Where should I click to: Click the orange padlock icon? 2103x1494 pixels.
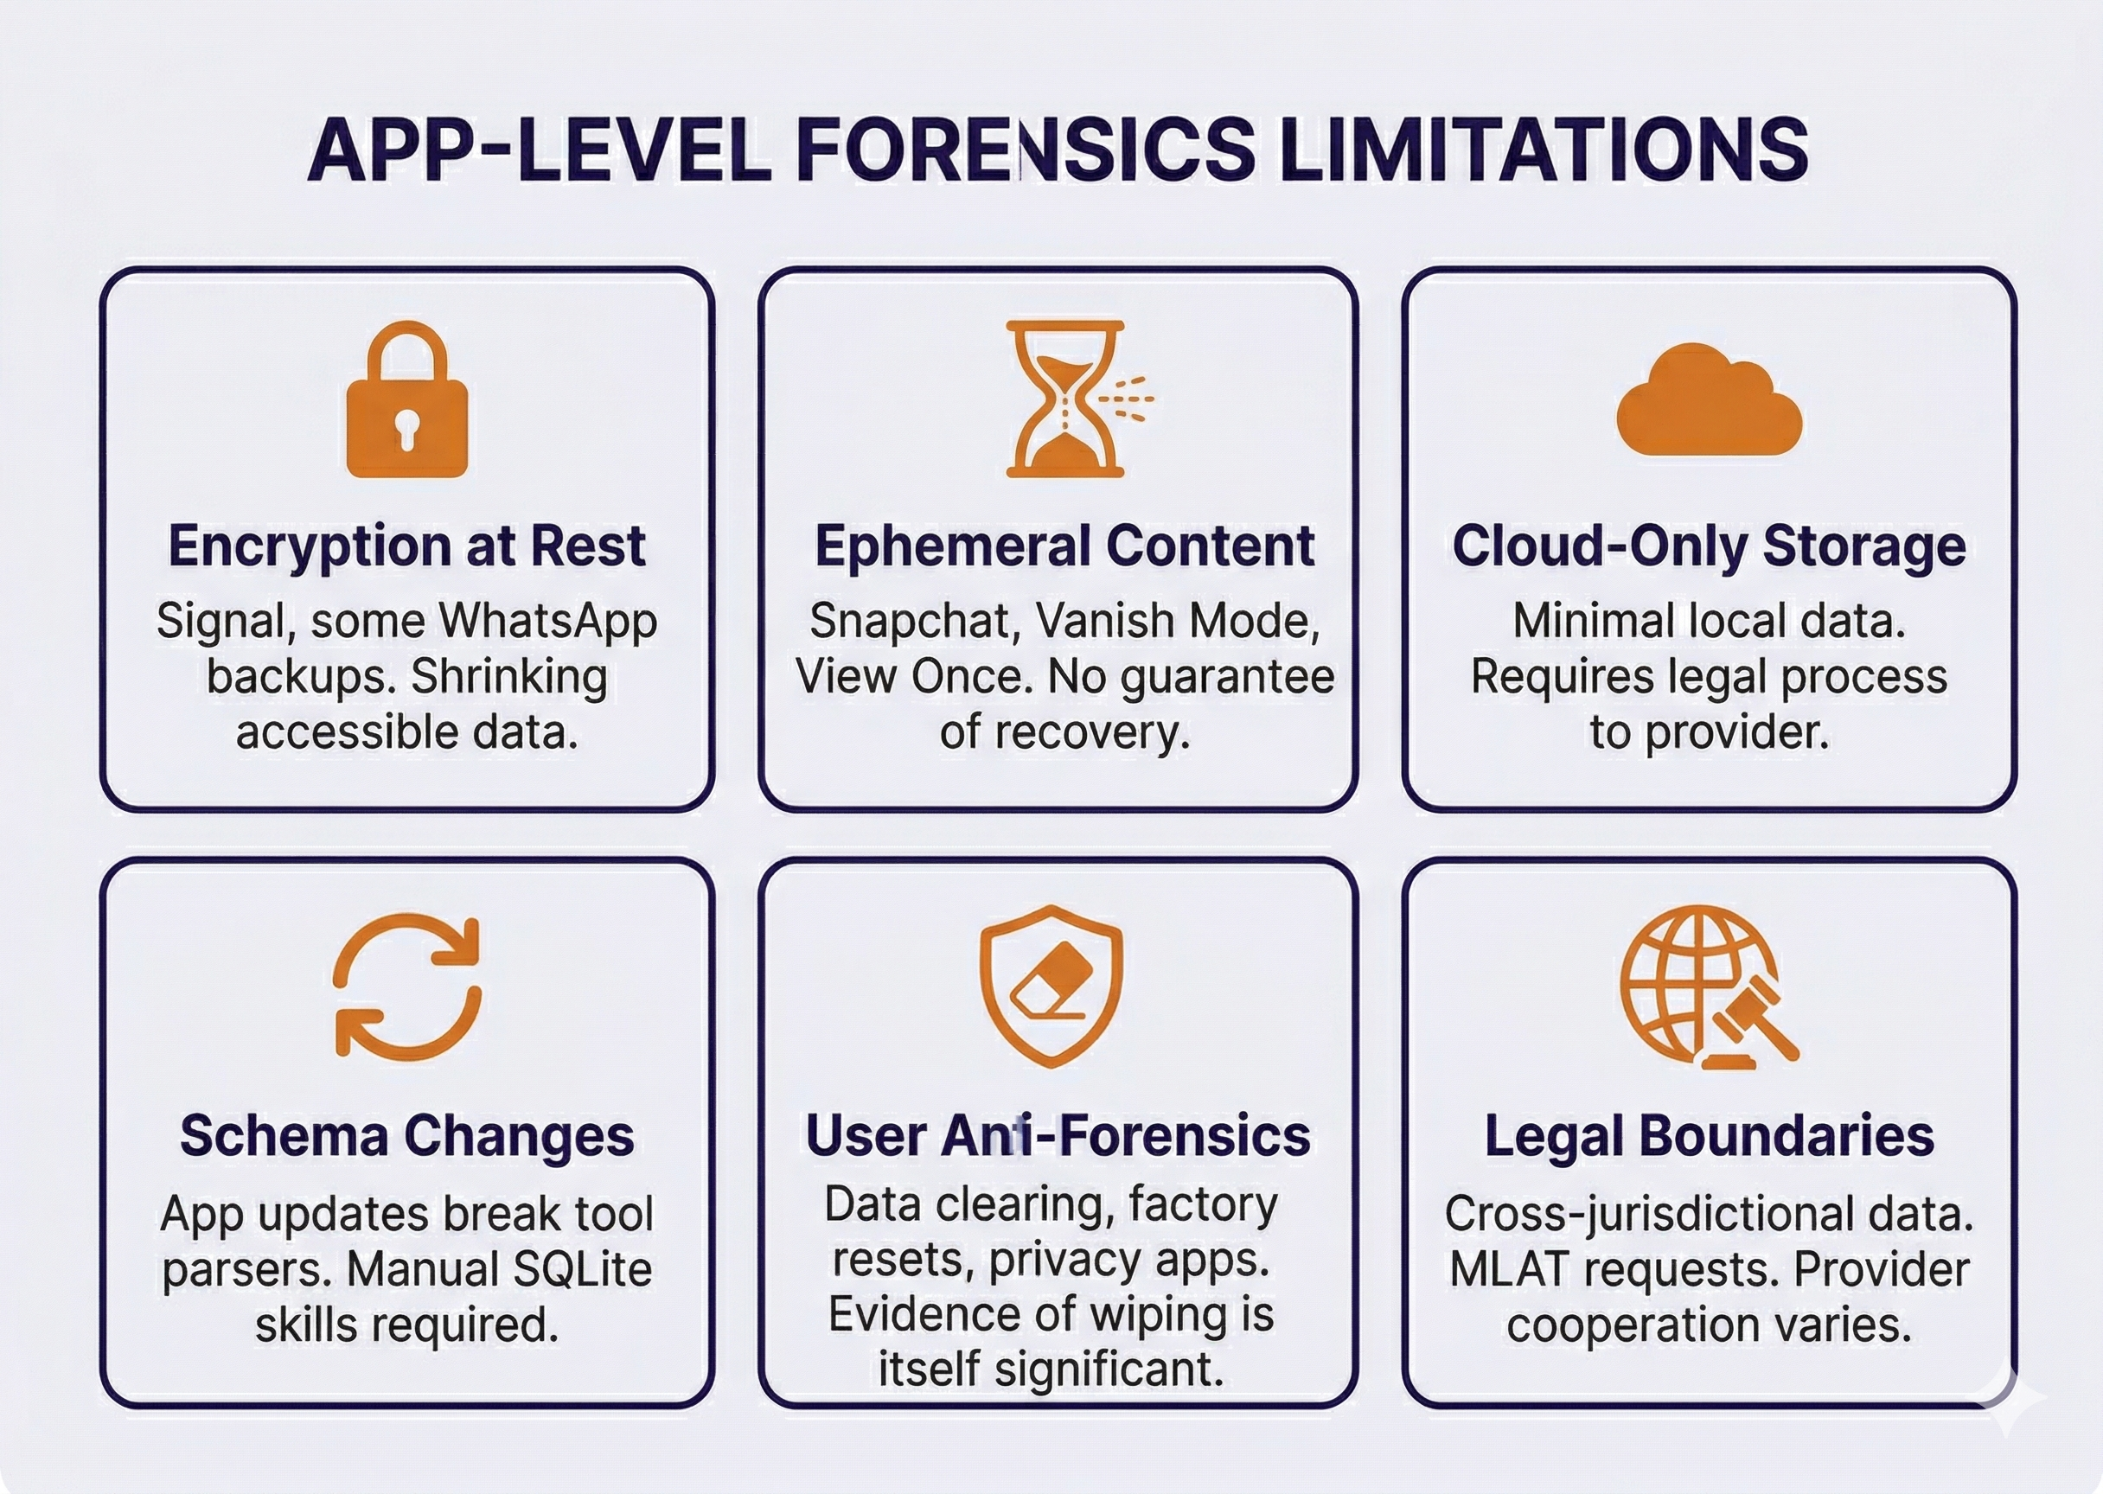pyautogui.click(x=406, y=400)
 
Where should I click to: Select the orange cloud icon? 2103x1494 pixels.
pyautogui.click(x=1710, y=400)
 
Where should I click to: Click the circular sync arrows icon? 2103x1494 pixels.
pyautogui.click(x=406, y=986)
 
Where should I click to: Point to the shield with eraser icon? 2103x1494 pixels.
pyautogui.click(x=1051, y=986)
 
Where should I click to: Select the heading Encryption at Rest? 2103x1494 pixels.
pyautogui.click(x=406, y=546)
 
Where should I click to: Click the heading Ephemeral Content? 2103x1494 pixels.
pyautogui.click(x=1064, y=546)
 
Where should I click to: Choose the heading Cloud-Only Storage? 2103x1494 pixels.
pyautogui.click(x=1710, y=546)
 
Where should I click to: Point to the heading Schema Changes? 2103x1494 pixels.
pyautogui.click(x=406, y=1135)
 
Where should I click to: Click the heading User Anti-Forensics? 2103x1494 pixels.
pyautogui.click(x=1058, y=1135)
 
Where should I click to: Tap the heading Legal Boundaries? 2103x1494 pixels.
pyautogui.click(x=1710, y=1135)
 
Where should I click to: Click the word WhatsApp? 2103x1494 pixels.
pyautogui.click(x=547, y=622)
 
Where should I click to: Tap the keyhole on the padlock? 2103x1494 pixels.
pyautogui.click(x=406, y=428)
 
